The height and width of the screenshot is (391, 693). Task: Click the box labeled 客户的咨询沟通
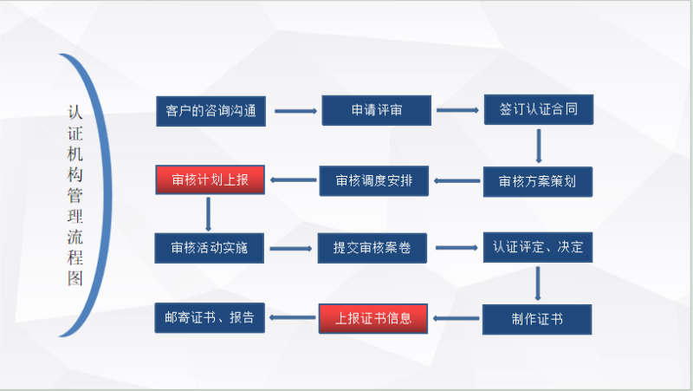[x=210, y=111]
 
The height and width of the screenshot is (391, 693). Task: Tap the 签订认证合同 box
[x=538, y=110]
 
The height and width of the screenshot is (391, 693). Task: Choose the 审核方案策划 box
[x=538, y=181]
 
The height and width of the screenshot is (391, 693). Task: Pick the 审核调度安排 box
[x=373, y=181]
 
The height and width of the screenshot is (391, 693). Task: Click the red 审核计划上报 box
[x=210, y=180]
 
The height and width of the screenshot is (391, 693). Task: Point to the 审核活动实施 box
[x=210, y=248]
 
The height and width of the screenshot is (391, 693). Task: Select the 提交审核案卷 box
[x=372, y=249]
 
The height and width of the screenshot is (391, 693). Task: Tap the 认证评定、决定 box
[x=538, y=248]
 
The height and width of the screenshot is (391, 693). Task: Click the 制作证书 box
[x=538, y=318]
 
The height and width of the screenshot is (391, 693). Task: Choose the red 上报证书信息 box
[x=374, y=317]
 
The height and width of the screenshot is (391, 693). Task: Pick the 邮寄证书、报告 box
[x=210, y=317]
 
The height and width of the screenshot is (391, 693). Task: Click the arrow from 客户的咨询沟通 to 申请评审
[x=295, y=111]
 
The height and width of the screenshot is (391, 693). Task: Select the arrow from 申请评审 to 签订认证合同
[x=457, y=111]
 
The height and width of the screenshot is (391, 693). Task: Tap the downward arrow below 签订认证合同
[x=539, y=146]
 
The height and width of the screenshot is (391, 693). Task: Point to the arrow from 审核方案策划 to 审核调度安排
[x=457, y=181]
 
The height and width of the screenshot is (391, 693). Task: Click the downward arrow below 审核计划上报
[x=210, y=214]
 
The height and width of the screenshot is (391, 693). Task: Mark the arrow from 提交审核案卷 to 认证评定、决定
[x=457, y=249]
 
